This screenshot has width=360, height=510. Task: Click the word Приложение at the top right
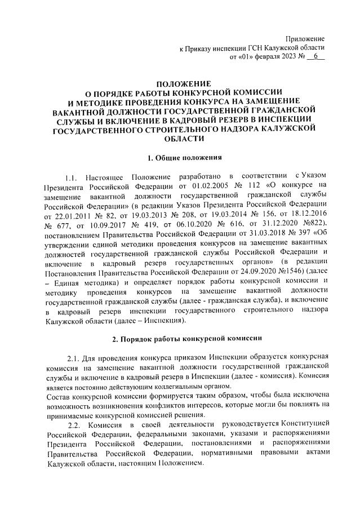306,38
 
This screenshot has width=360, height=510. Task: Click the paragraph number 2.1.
75,359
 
